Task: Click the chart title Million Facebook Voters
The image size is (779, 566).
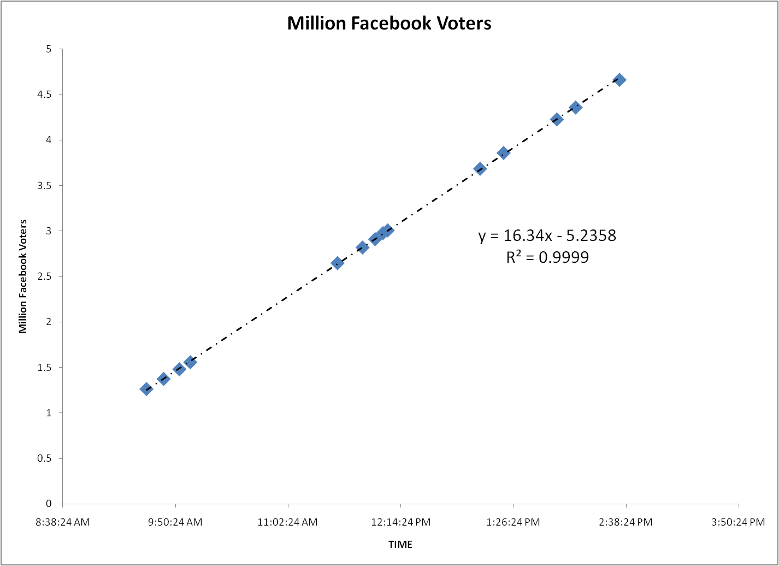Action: (389, 23)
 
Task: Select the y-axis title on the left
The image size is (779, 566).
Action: (23, 276)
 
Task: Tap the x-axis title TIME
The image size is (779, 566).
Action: (400, 545)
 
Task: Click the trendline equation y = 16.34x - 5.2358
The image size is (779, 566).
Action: (547, 235)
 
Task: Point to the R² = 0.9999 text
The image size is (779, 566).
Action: (547, 257)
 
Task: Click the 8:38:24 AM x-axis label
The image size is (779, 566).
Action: (63, 522)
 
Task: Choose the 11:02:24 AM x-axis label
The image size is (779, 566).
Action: (287, 522)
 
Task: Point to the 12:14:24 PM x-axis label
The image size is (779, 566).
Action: (401, 522)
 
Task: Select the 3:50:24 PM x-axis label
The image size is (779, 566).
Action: (738, 522)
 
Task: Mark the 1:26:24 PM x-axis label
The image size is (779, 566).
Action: (513, 522)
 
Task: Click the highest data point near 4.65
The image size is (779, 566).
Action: (619, 80)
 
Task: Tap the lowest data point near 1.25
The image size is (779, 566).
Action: (146, 389)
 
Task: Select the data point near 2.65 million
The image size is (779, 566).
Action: (337, 263)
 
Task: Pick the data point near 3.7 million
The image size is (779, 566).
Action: (480, 168)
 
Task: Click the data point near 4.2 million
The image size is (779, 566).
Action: (557, 119)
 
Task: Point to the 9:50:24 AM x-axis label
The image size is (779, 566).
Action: (175, 522)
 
